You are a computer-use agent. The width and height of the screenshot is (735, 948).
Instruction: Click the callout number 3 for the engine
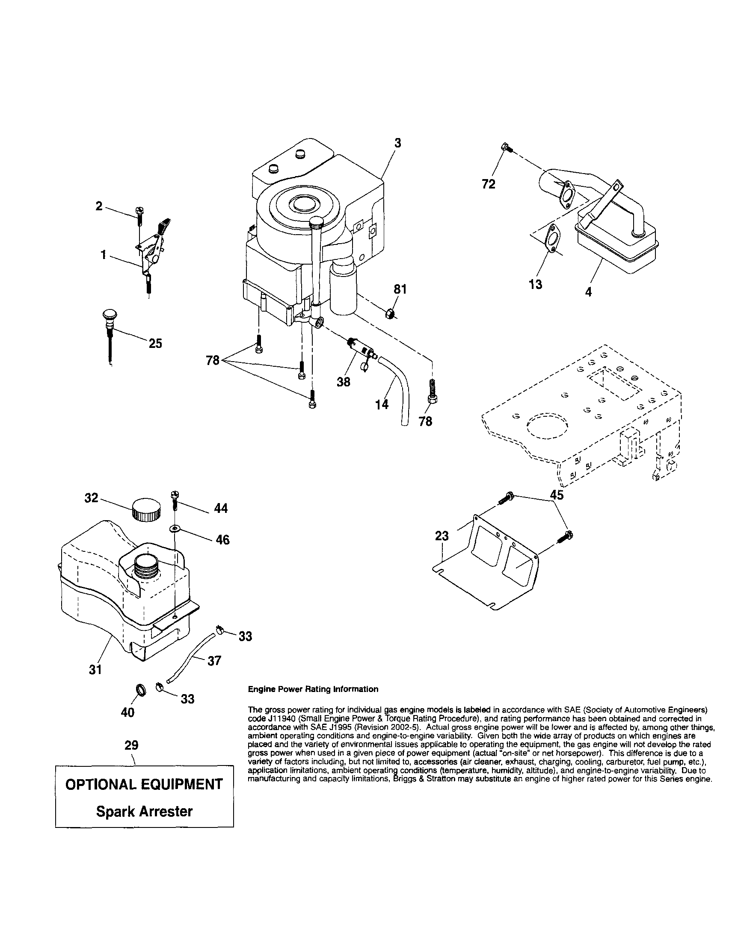[x=397, y=143]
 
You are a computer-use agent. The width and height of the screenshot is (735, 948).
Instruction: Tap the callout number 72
[x=489, y=185]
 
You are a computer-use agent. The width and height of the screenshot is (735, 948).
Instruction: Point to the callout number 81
[x=400, y=289]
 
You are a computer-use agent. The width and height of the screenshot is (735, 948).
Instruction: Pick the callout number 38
[x=344, y=382]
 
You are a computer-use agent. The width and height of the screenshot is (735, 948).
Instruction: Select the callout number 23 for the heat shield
[x=442, y=536]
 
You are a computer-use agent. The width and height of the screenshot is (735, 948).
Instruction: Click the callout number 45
[x=557, y=495]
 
